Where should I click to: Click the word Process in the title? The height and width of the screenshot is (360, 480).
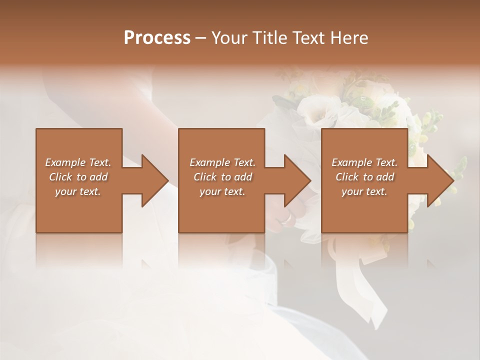pos(157,38)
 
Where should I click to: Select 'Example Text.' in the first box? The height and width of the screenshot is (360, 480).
pos(78,162)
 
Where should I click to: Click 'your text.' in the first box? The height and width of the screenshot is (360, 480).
pos(78,191)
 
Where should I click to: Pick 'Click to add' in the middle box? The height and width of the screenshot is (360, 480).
pos(222,177)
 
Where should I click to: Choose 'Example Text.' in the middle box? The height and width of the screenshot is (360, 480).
pos(222,162)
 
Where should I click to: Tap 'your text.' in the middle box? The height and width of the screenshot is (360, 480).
pos(222,191)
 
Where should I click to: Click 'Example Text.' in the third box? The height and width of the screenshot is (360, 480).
pos(364,162)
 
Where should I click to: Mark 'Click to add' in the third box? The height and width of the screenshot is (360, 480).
pos(364,177)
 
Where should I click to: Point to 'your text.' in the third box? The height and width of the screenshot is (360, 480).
pos(364,191)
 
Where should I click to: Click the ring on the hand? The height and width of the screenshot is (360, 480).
pos(286,219)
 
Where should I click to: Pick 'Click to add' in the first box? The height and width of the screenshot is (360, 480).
pos(78,177)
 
